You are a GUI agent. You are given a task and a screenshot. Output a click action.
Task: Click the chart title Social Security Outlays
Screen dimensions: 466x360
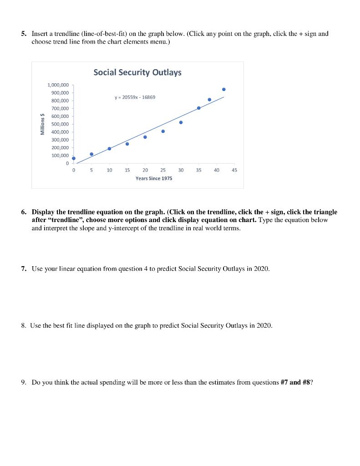point(137,72)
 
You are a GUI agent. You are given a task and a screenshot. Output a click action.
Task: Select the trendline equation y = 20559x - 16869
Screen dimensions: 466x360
point(135,97)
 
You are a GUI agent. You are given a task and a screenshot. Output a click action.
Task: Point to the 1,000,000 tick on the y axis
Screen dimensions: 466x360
point(58,85)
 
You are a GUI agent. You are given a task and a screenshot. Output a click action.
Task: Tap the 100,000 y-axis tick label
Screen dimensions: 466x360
point(59,156)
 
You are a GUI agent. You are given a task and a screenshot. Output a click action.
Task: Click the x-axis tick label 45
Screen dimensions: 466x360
point(234,170)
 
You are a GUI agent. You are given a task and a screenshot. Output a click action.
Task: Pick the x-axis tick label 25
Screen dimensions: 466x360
point(163,170)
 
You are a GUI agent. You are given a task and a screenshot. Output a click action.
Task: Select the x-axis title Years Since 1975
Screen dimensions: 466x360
point(154,178)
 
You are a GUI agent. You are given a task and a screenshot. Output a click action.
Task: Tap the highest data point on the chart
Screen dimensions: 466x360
point(223,89)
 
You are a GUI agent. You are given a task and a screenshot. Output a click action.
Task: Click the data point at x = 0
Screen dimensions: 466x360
point(74,158)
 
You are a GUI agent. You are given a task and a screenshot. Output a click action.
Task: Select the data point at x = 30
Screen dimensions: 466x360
point(181,122)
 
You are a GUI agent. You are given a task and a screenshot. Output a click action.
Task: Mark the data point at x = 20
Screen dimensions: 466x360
point(145,137)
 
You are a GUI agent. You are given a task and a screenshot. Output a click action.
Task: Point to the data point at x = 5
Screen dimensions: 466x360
point(91,154)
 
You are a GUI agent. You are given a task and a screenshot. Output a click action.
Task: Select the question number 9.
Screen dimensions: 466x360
point(23,382)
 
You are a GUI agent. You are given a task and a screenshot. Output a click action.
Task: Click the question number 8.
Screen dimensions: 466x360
point(23,325)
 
